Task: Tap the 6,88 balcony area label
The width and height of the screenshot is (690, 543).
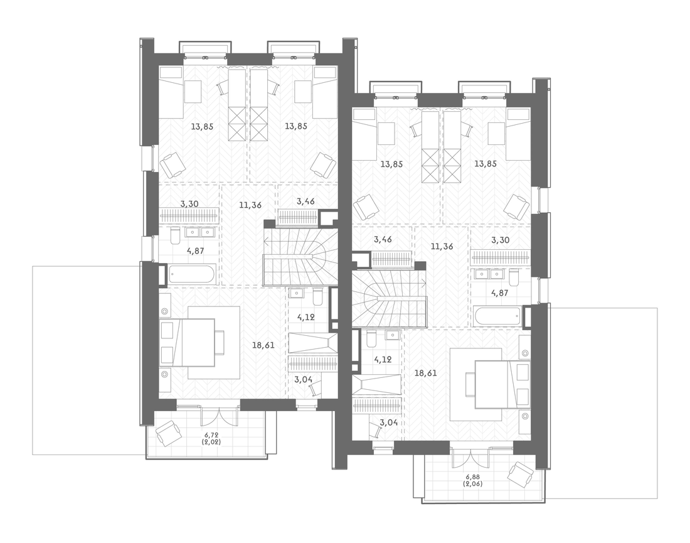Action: click(x=472, y=477)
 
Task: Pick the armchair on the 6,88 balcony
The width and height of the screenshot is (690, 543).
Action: click(x=521, y=475)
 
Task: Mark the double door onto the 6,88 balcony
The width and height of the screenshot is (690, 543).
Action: click(x=470, y=458)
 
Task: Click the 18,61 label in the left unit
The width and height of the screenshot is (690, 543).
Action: click(x=263, y=346)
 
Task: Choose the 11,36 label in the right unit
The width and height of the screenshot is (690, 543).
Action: click(x=442, y=247)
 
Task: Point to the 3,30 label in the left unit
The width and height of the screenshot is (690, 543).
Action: click(x=189, y=204)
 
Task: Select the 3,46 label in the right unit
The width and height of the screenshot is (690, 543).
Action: click(x=382, y=240)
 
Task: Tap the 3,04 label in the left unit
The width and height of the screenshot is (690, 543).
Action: click(x=304, y=379)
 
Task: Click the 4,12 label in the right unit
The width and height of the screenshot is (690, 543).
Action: click(x=383, y=359)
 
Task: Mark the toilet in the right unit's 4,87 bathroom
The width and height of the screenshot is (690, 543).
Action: click(x=514, y=277)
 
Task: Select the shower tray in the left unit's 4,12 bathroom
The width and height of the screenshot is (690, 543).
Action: click(x=313, y=343)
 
